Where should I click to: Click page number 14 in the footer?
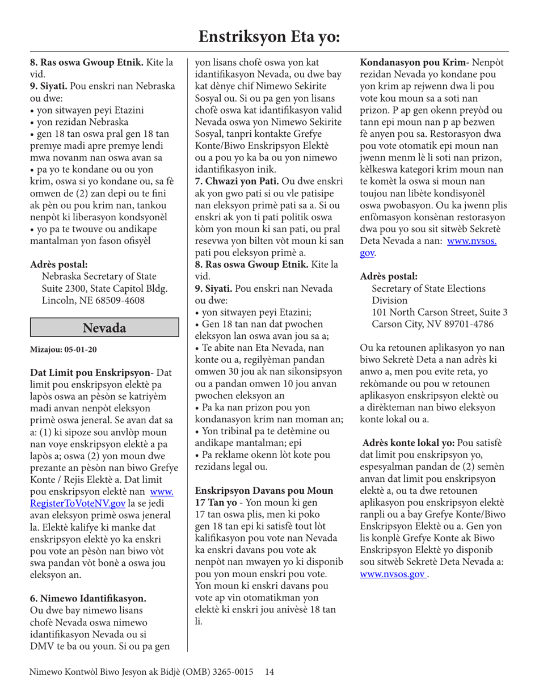pos(269,672)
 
